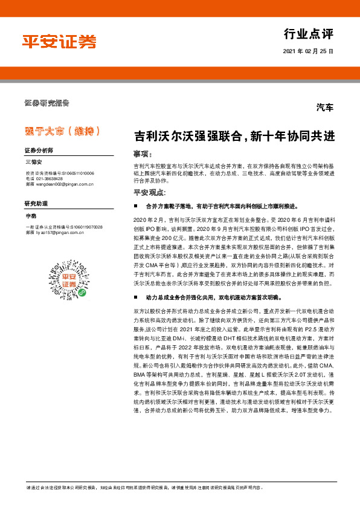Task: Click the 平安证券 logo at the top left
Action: tap(59, 41)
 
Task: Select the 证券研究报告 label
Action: tap(47, 102)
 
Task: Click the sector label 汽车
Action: tap(324, 108)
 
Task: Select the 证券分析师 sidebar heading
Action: tap(39, 150)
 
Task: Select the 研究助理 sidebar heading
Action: tap(36, 204)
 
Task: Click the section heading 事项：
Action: tap(140, 154)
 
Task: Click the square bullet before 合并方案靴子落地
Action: tap(136, 206)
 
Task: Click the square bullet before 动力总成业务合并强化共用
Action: tap(136, 299)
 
